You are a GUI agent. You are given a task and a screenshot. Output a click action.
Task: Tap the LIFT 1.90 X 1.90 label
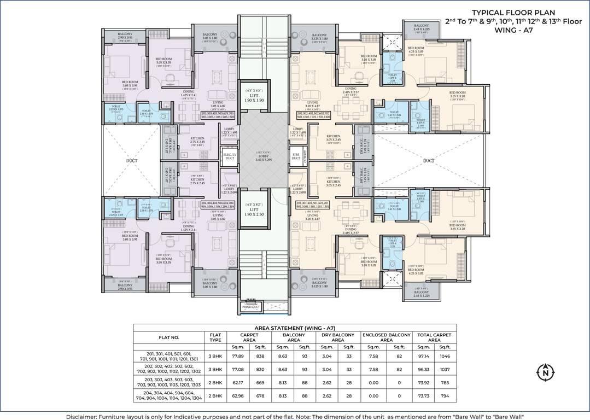[253, 97]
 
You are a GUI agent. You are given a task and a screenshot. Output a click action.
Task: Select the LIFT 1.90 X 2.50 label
[253, 211]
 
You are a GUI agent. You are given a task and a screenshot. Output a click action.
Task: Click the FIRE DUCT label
[296, 156]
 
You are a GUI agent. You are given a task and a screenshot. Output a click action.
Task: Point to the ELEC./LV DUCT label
[229, 156]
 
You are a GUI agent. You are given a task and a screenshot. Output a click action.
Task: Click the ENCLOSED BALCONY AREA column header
[386, 337]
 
